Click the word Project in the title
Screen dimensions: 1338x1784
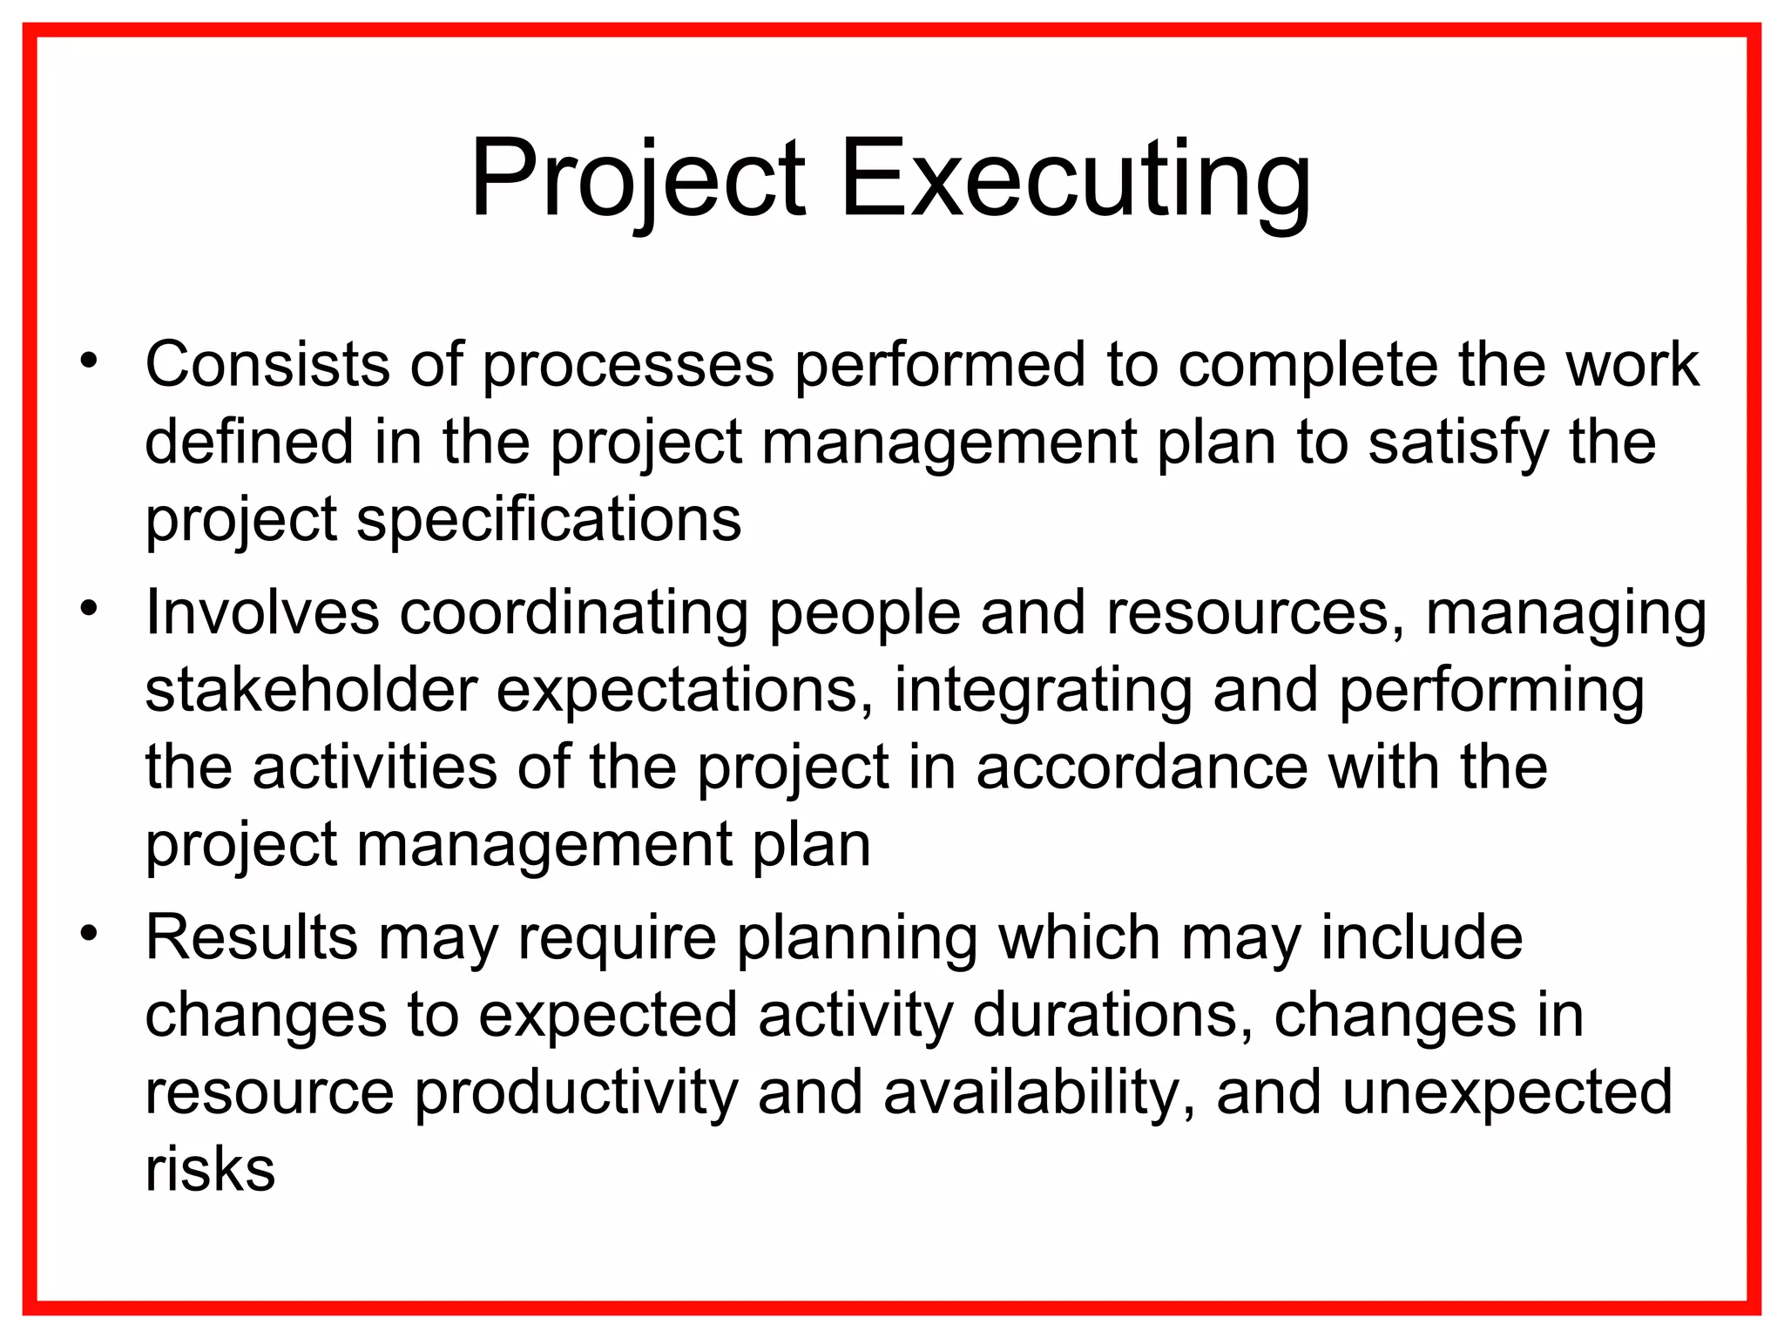click(638, 179)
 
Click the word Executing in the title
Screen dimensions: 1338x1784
click(1074, 179)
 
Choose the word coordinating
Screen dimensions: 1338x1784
click(574, 612)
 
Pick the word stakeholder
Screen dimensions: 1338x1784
click(311, 690)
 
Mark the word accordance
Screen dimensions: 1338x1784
click(1141, 767)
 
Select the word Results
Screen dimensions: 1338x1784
click(252, 938)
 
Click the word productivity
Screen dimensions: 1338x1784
click(576, 1094)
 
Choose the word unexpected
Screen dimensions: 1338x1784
click(1506, 1094)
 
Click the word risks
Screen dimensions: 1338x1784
click(210, 1170)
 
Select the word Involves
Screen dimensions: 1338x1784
click(262, 612)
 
